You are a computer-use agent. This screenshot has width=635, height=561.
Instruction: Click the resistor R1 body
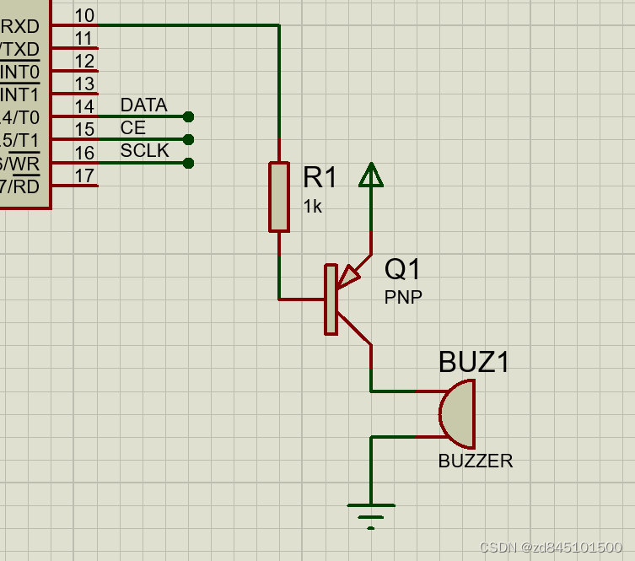tap(279, 197)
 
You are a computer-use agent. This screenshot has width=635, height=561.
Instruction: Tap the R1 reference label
tap(320, 177)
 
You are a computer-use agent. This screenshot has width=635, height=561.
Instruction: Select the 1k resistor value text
tap(312, 206)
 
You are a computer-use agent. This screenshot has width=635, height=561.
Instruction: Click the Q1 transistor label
tap(402, 270)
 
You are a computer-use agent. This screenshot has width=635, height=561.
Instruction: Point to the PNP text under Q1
tap(403, 296)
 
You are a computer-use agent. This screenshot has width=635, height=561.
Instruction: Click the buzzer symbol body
tap(459, 413)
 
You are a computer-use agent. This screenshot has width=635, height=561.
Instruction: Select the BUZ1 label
tap(474, 362)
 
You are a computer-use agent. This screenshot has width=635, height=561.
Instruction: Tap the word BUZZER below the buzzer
tap(475, 461)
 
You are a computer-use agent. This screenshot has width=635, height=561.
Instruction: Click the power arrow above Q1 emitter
tap(371, 175)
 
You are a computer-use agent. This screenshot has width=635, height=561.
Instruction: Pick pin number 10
tap(83, 16)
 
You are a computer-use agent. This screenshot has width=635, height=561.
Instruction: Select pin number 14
tap(83, 107)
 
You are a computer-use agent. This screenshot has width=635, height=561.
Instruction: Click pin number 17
tap(83, 175)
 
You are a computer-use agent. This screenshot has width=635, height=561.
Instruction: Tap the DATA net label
tap(143, 105)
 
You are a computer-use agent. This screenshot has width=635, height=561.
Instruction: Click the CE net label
tap(133, 128)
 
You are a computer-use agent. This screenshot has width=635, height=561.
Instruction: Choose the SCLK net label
tap(144, 151)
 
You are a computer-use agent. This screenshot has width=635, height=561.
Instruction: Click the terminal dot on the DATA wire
tap(188, 116)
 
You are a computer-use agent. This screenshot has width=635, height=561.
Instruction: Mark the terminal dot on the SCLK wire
tap(188, 163)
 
